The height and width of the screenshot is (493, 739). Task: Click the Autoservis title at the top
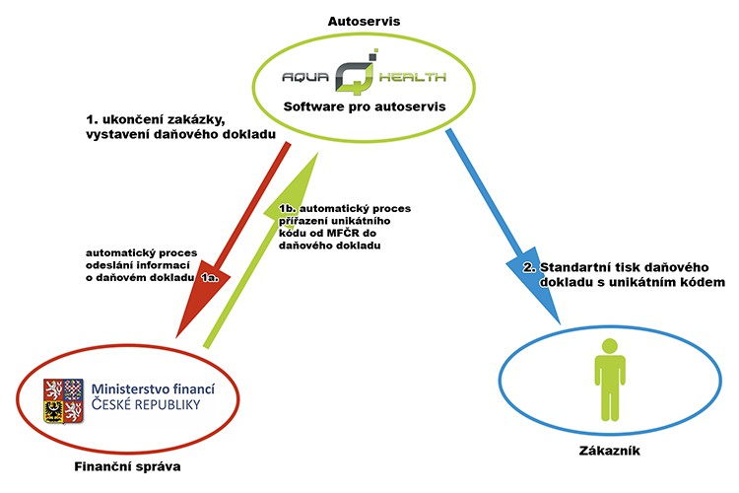tap(364, 22)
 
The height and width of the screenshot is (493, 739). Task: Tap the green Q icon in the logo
tap(356, 72)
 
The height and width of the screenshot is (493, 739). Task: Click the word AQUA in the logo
tap(305, 77)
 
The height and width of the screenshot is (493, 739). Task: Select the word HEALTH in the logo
tap(413, 77)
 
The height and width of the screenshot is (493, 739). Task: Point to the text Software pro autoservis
tap(365, 106)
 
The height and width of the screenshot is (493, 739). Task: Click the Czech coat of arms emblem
tap(63, 401)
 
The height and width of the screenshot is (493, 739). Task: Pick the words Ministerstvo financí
tap(153, 388)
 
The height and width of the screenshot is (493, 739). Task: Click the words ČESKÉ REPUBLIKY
tap(146, 404)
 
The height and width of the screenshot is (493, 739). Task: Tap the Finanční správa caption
tap(127, 466)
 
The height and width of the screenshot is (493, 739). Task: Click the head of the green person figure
tap(609, 346)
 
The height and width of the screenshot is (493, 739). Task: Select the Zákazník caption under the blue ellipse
tap(609, 451)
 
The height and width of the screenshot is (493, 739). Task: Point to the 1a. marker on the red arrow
tap(210, 278)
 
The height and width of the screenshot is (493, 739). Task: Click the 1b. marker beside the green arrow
tap(288, 208)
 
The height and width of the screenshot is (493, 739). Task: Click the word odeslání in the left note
tap(105, 265)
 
